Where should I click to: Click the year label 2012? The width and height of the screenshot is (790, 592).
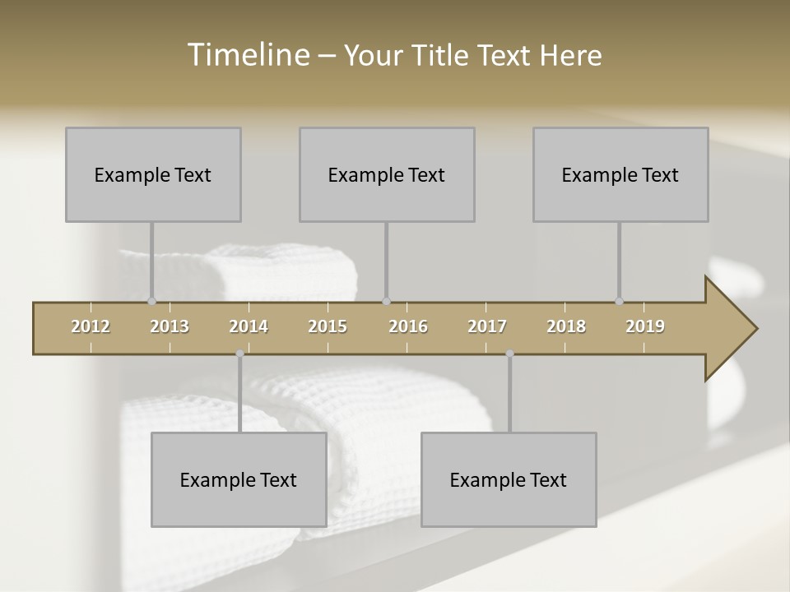pyautogui.click(x=91, y=326)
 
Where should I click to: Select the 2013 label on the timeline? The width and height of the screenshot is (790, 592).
pyautogui.click(x=170, y=326)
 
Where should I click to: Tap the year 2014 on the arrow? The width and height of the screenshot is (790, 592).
pyautogui.click(x=249, y=326)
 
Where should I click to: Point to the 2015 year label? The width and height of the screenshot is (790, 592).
pyautogui.click(x=328, y=326)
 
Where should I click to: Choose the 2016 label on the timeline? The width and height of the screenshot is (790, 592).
pyautogui.click(x=408, y=326)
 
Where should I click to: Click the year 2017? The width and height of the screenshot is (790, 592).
pyautogui.click(x=487, y=326)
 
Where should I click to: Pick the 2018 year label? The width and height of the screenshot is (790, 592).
pyautogui.click(x=566, y=326)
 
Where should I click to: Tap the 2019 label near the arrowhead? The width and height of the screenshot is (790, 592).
pyautogui.click(x=645, y=326)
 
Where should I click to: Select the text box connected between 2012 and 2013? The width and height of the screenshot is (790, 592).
pyautogui.click(x=153, y=174)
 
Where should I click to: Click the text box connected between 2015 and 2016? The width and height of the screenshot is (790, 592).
pyautogui.click(x=387, y=174)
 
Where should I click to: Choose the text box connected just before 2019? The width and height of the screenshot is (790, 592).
pyautogui.click(x=620, y=174)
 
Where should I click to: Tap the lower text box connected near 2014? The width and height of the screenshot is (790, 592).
pyautogui.click(x=239, y=479)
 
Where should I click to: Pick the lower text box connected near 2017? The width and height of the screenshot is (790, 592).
pyautogui.click(x=509, y=479)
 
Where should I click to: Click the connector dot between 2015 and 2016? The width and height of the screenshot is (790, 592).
pyautogui.click(x=386, y=302)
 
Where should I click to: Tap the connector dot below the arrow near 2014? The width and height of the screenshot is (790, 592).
pyautogui.click(x=239, y=354)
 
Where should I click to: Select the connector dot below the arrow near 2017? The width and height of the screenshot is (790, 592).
pyautogui.click(x=509, y=354)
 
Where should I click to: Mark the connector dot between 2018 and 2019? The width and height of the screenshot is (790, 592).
pyautogui.click(x=619, y=302)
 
